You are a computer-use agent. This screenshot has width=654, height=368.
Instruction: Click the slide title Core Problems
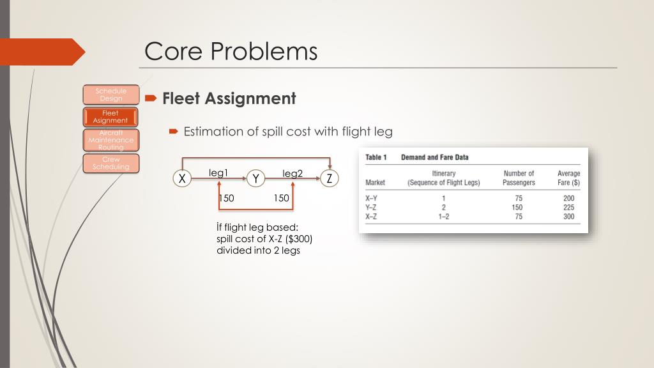(x=231, y=51)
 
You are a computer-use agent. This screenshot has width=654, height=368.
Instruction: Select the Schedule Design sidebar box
(x=110, y=95)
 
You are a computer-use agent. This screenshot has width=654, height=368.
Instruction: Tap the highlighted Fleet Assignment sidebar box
(x=110, y=117)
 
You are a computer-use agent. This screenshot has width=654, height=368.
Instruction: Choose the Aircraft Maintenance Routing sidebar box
(x=110, y=140)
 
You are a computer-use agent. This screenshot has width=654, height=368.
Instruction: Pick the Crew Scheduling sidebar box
(x=110, y=163)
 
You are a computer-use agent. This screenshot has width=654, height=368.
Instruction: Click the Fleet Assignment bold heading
(x=229, y=98)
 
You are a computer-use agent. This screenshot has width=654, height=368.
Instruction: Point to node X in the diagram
(x=183, y=179)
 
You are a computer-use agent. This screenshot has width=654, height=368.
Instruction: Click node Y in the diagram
(x=255, y=179)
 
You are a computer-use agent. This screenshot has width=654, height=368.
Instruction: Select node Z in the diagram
(x=329, y=179)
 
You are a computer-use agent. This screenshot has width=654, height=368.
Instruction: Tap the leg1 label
(x=218, y=173)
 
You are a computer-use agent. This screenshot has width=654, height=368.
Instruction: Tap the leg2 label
(x=293, y=173)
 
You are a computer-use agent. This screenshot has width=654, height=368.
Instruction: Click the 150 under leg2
(x=281, y=198)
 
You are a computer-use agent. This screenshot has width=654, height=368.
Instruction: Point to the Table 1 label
(x=376, y=157)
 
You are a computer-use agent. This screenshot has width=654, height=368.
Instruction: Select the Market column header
(x=375, y=183)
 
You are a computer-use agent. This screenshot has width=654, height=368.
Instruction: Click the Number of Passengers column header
(x=519, y=178)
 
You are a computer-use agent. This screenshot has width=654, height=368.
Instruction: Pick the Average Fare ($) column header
(x=568, y=178)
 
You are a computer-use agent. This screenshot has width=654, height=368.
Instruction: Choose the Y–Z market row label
(x=371, y=207)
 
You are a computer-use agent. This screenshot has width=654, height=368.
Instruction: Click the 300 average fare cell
(x=568, y=217)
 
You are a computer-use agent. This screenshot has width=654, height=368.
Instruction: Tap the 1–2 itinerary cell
(x=443, y=217)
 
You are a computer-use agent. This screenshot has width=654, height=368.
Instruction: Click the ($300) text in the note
(x=300, y=239)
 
